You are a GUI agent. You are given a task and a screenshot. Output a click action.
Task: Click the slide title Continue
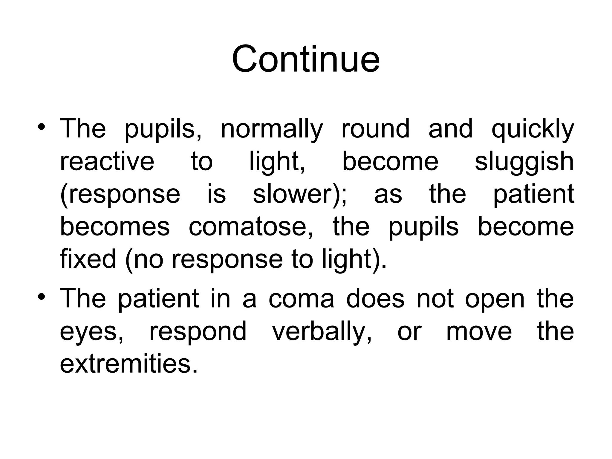306,59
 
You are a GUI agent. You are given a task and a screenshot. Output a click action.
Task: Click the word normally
272,129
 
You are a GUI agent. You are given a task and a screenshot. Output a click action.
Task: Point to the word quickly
533,129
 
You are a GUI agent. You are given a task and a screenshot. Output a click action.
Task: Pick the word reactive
107,161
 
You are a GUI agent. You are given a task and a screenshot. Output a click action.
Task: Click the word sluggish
524,162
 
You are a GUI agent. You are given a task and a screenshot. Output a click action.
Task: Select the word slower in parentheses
296,194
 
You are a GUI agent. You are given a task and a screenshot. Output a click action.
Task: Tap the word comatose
250,227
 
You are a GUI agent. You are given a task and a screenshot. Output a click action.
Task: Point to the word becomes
115,227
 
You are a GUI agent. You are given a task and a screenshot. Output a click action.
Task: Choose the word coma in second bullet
301,299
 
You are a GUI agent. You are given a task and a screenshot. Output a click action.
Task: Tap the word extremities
128,364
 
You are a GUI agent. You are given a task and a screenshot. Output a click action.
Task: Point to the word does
375,299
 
